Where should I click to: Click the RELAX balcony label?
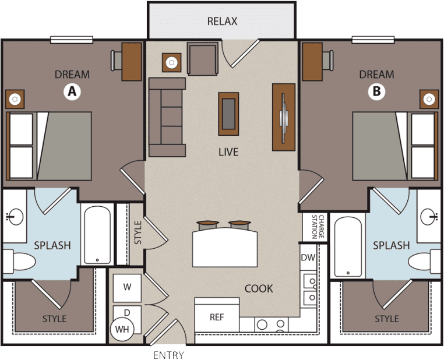[222, 21]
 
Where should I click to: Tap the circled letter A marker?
[72, 91]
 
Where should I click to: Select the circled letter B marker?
[376, 91]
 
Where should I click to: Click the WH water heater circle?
[122, 330]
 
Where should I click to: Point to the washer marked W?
[127, 288]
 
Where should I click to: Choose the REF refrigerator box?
[217, 315]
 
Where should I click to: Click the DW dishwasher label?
[308, 257]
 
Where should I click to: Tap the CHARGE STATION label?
[318, 227]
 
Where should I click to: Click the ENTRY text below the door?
[169, 355]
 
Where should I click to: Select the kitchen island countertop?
[225, 248]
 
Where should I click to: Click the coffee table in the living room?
[228, 114]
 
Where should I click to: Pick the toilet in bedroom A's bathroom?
[19, 262]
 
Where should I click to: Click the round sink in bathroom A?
[15, 217]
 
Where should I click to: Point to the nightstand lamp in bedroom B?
[429, 99]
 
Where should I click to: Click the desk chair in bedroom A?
[117, 60]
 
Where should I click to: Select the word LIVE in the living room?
[228, 152]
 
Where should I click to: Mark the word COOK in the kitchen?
[259, 289]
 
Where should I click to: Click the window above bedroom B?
[373, 40]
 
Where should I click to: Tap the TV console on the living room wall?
[284, 117]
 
